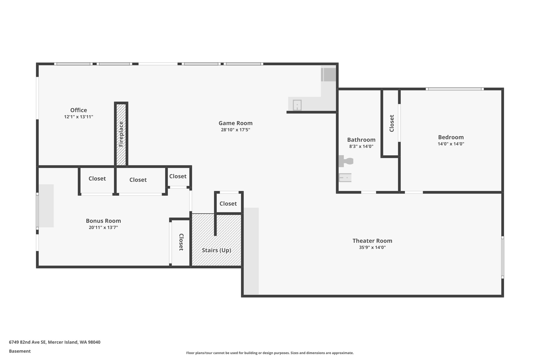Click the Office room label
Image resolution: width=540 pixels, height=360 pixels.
click(79, 110)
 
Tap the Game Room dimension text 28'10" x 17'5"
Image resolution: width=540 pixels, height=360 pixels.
click(235, 130)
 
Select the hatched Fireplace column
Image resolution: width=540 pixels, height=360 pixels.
click(121, 134)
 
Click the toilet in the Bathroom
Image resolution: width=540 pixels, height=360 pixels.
click(346, 161)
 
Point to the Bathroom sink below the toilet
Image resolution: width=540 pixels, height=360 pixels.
click(345, 178)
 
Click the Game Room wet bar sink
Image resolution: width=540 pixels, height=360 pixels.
click(297, 105)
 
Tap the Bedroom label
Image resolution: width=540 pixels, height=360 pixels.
click(451, 137)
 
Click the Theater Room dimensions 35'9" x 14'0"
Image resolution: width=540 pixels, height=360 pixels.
click(372, 247)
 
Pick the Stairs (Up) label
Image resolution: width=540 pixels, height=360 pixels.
click(216, 250)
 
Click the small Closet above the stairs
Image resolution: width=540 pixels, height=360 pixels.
click(228, 204)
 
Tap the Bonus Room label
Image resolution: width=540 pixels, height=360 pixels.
click(103, 221)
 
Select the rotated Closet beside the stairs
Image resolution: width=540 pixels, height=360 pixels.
click(181, 242)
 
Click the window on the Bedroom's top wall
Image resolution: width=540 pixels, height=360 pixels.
click(455, 89)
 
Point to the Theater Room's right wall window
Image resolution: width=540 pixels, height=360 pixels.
click(503, 257)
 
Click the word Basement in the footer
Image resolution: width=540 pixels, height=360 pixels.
click(20, 351)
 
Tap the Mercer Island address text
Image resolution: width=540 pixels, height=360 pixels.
click(55, 342)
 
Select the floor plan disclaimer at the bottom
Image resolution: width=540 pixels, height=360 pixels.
click(270, 353)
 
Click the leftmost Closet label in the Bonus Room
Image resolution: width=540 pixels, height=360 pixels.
click(97, 179)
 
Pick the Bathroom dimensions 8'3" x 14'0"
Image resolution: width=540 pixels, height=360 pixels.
click(361, 146)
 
